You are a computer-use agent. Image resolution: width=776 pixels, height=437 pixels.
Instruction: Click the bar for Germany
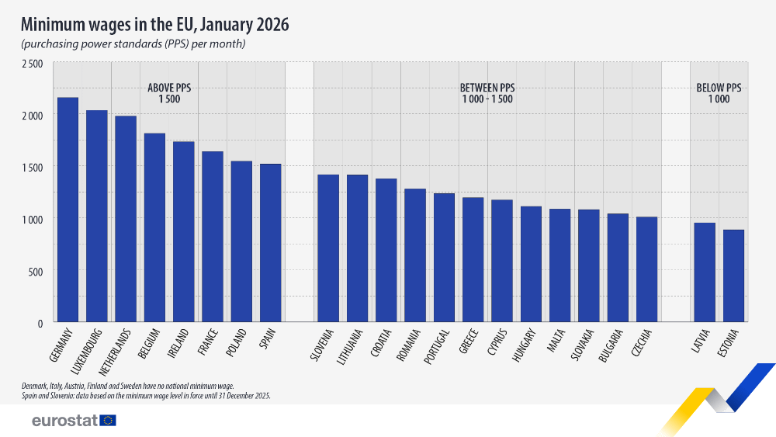[68, 210]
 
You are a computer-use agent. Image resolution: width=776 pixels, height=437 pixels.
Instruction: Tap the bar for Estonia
[733, 276]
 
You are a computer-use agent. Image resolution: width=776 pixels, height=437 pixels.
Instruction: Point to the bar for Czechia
[646, 269]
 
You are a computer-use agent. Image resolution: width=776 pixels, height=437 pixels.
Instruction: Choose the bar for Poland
[241, 241]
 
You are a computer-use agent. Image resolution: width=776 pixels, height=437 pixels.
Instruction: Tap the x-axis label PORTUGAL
[442, 346]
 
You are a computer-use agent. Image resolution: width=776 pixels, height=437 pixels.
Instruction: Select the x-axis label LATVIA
[704, 342]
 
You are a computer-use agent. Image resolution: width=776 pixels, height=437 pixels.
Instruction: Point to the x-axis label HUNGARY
[530, 346]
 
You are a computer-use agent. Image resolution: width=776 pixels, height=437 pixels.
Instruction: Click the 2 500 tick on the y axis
[32, 63]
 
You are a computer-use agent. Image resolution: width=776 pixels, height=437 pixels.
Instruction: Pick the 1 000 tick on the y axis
[32, 219]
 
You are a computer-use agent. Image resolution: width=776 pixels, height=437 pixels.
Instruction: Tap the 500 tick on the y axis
[36, 271]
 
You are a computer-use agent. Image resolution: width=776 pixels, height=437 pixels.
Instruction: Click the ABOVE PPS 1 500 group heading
[169, 94]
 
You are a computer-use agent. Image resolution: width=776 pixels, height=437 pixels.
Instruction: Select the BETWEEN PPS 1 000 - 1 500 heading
[487, 94]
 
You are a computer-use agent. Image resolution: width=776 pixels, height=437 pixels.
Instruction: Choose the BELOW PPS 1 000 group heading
[719, 94]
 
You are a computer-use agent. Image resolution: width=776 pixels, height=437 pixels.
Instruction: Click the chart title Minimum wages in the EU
[154, 25]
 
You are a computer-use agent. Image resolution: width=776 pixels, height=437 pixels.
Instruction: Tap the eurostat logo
[74, 421]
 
